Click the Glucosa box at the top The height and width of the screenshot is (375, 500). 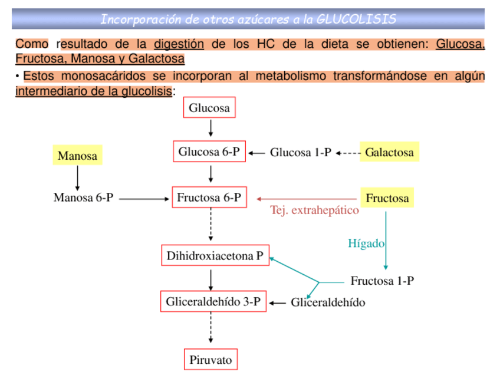click(209, 108)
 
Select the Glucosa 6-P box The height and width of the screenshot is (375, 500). click(209, 152)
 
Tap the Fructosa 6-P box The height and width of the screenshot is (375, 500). click(209, 198)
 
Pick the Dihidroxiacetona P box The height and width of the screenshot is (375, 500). click(215, 256)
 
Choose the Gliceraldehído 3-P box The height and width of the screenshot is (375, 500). click(213, 302)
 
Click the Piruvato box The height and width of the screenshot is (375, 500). click(210, 359)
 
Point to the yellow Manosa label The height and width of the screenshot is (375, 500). click(77, 156)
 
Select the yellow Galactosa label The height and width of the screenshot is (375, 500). click(389, 152)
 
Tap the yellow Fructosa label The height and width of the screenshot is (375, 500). click(387, 198)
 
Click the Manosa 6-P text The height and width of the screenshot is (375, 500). click(83, 198)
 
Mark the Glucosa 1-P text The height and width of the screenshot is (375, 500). click(301, 153)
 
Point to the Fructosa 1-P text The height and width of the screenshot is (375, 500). click(382, 281)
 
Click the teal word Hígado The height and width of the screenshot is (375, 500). click(366, 243)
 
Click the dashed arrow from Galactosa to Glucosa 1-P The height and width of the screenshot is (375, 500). click(348, 153)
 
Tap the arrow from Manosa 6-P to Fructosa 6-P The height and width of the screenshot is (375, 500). click(144, 199)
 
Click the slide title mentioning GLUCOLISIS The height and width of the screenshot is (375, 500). click(248, 19)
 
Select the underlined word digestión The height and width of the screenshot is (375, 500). click(179, 44)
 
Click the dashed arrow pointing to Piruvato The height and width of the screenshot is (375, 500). click(210, 331)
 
